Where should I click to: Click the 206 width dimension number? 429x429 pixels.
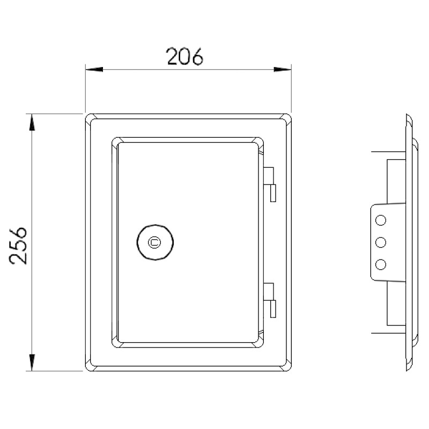tap(184, 57)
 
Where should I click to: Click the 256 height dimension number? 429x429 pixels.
tap(19, 246)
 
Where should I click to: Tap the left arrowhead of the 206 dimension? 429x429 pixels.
tap(94, 69)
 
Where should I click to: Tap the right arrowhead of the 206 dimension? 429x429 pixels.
tap(283, 69)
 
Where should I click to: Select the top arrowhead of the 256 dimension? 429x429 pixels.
tap(32, 122)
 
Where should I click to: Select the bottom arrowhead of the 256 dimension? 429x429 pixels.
tap(32, 363)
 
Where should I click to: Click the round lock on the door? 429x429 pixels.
tap(155, 242)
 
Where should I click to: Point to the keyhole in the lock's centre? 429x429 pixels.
tap(154, 242)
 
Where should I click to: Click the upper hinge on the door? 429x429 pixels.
tap(270, 184)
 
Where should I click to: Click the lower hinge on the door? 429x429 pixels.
tap(270, 300)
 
